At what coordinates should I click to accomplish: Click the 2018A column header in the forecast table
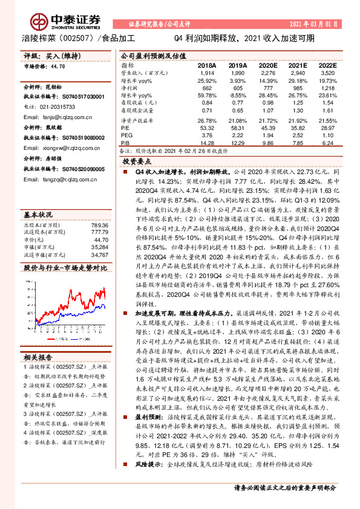click(207, 64)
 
